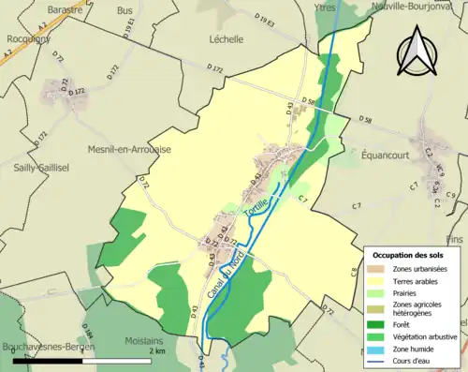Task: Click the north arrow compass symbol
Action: [418, 57]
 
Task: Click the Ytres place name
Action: [324, 7]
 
